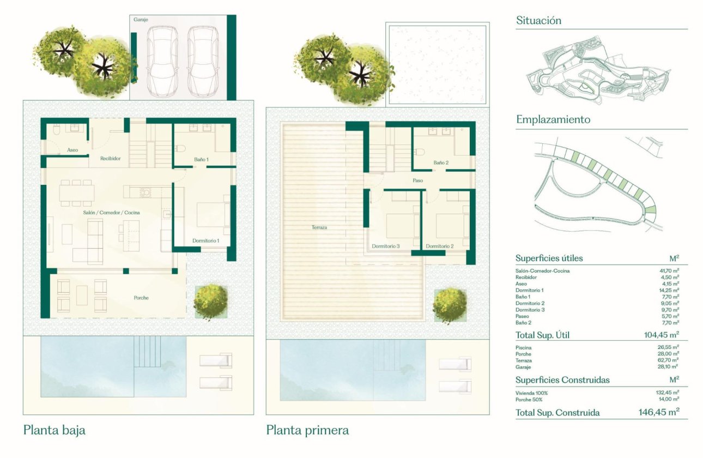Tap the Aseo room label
(72, 149)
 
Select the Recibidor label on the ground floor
(110, 159)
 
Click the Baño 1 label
(202, 159)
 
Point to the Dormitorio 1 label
(205, 240)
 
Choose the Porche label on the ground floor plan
(141, 298)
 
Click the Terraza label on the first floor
(319, 227)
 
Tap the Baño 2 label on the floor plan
(441, 162)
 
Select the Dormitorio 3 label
(386, 246)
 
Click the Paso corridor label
(417, 180)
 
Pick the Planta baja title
(54, 430)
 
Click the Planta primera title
(307, 430)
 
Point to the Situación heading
(538, 21)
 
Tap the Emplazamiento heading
(553, 119)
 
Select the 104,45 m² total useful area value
(661, 335)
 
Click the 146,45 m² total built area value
(658, 412)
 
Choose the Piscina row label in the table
(523, 347)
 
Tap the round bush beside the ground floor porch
(210, 299)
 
